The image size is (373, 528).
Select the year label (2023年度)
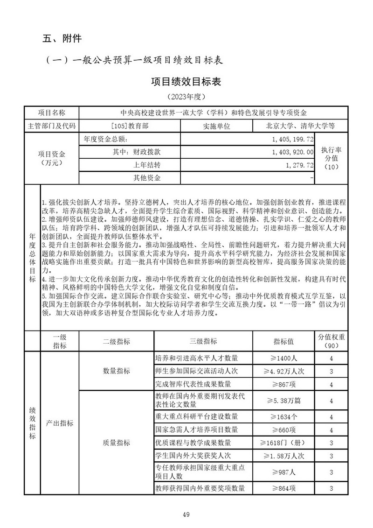tap(186, 97)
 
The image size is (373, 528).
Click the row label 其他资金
tap(147, 178)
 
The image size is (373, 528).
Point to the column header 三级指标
tap(203, 341)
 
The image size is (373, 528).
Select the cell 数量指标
tap(116, 372)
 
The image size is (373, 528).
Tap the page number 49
tap(186, 514)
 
